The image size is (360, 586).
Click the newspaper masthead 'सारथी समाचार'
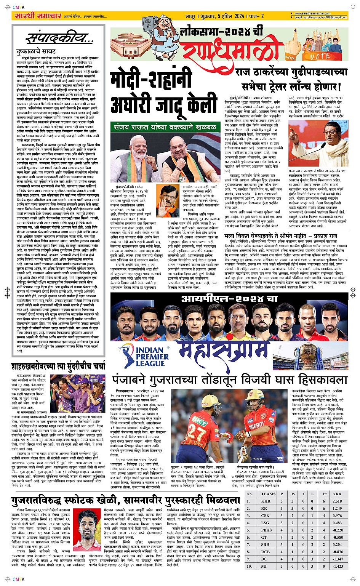click(x=37, y=16)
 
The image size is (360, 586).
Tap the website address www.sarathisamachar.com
click(x=312, y=14)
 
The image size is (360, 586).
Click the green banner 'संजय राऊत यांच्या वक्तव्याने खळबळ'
click(x=169, y=127)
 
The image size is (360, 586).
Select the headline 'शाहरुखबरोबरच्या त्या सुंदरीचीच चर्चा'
click(x=58, y=367)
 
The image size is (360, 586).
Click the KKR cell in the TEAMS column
click(x=266, y=501)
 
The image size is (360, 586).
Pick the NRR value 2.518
click(x=337, y=501)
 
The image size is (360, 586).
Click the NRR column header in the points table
click(x=337, y=494)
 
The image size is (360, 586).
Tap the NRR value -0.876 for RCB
click(x=337, y=552)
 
